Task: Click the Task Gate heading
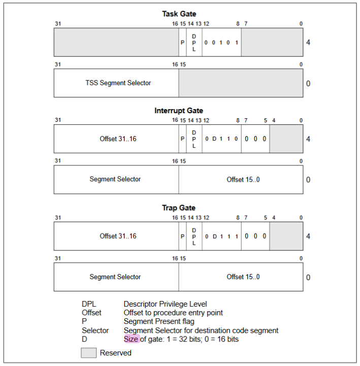pyautogui.click(x=179, y=14)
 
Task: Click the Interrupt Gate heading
pyautogui.click(x=179, y=110)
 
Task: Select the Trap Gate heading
pyautogui.click(x=179, y=208)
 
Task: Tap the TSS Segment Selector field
pyautogui.click(x=116, y=83)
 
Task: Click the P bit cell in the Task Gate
pyautogui.click(x=183, y=42)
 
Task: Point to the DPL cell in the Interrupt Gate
pyautogui.click(x=194, y=139)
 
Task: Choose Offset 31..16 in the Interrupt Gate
pyautogui.click(x=118, y=139)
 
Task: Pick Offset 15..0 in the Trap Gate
pyautogui.click(x=243, y=277)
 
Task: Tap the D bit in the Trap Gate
pyautogui.click(x=215, y=237)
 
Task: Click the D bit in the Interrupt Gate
pyautogui.click(x=214, y=139)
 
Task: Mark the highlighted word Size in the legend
pyautogui.click(x=131, y=339)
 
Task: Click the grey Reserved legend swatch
pyautogui.click(x=88, y=353)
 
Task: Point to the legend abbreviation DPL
pyautogui.click(x=89, y=304)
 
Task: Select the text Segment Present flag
pyautogui.click(x=159, y=321)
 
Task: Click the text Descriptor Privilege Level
pyautogui.click(x=166, y=304)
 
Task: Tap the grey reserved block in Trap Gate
pyautogui.click(x=286, y=236)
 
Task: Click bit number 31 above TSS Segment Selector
pyautogui.click(x=58, y=64)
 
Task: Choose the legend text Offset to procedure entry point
pyautogui.click(x=173, y=313)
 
